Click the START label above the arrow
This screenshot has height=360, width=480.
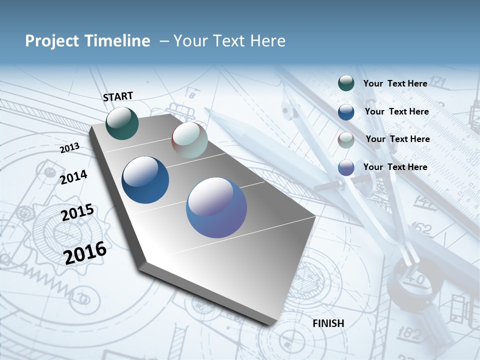click(x=118, y=96)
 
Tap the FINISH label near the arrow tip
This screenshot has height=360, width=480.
click(x=328, y=323)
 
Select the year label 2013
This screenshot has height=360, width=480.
click(x=69, y=148)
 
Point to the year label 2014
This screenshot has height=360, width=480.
click(x=73, y=177)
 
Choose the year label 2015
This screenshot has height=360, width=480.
click(x=77, y=212)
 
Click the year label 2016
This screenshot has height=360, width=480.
click(x=85, y=252)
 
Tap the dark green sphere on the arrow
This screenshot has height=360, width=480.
click(x=122, y=123)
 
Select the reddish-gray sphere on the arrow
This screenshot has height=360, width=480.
click(x=189, y=140)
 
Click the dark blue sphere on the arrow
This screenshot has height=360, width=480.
click(x=145, y=180)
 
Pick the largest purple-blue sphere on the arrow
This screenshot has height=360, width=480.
click(x=216, y=207)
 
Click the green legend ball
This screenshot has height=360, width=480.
click(x=346, y=83)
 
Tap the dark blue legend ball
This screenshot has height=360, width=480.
click(x=346, y=112)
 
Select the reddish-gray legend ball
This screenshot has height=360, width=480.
click(x=346, y=140)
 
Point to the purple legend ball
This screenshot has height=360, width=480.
click(x=346, y=168)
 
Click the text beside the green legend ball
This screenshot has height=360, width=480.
click(x=395, y=83)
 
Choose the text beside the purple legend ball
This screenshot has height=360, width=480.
click(x=395, y=167)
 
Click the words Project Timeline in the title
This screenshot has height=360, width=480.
click(x=87, y=41)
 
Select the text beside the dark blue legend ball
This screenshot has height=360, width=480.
click(x=396, y=111)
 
